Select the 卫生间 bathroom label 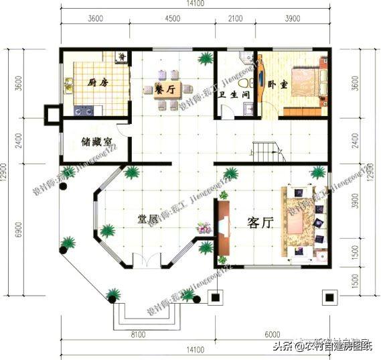tap(234, 95)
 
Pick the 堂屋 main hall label tap(148, 219)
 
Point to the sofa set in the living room tap(304, 219)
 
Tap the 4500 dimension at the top tap(172, 19)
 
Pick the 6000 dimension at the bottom tap(271, 333)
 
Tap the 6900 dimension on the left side tap(20, 231)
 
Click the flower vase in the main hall tap(202, 228)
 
